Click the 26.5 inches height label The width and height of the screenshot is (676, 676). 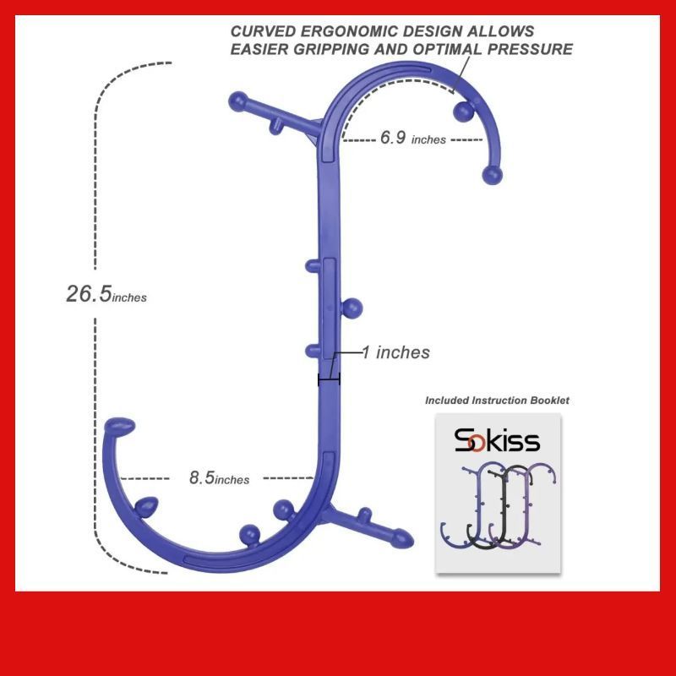106,294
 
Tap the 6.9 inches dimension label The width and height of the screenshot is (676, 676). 413,138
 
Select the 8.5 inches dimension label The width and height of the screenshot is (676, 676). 219,477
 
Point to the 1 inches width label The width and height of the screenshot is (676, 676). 395,352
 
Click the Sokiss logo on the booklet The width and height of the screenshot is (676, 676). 497,440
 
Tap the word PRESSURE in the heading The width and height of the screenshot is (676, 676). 530,49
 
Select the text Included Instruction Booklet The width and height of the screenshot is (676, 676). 497,401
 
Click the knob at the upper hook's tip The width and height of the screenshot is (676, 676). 492,175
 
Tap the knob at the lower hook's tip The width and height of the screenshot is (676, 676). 120,426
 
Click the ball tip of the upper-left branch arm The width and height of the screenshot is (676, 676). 237,101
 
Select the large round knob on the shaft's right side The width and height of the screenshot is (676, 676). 352,308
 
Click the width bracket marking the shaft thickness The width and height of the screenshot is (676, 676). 329,379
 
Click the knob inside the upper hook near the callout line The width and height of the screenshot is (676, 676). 464,112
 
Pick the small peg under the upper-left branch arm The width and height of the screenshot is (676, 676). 276,127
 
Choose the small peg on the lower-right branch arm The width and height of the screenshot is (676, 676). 365,515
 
